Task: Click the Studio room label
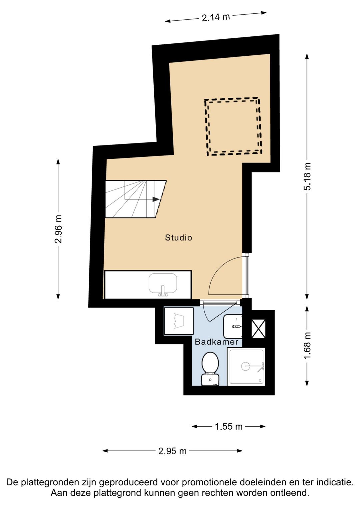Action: point(178,237)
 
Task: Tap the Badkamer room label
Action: point(216,342)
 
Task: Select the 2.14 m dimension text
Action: point(216,17)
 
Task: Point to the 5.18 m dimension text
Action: point(307,176)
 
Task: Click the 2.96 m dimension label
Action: point(58,229)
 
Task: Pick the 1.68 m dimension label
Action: point(307,346)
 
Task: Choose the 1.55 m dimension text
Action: point(229,426)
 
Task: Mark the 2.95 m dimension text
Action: point(172,451)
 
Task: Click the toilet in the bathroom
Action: point(210,369)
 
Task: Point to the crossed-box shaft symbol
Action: point(258,329)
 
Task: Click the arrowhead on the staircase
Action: point(156,199)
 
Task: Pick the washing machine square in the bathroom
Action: point(179,321)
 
